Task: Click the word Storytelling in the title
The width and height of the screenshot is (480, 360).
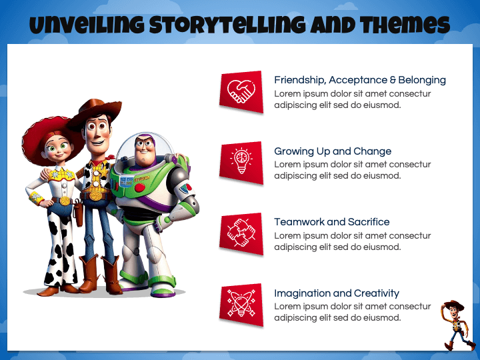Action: click(x=227, y=25)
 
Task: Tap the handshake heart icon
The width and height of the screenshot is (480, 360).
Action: click(x=241, y=91)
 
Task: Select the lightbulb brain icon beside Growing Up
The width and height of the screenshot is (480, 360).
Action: click(x=241, y=161)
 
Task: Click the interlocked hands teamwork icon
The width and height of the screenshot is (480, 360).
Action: click(x=241, y=233)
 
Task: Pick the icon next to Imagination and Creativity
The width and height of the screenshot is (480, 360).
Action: click(x=241, y=303)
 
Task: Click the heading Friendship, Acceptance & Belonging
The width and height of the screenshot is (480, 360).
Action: click(x=360, y=80)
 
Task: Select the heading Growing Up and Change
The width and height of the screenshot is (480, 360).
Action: click(x=333, y=151)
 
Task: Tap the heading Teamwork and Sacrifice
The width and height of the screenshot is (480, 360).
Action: click(x=332, y=221)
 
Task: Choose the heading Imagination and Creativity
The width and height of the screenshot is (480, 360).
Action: click(x=337, y=293)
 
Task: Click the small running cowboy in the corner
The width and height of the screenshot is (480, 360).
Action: click(x=457, y=325)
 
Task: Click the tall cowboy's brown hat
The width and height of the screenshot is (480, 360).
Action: click(x=94, y=113)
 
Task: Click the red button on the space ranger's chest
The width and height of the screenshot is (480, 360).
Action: click(x=139, y=187)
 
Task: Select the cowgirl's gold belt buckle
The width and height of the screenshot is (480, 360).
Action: click(x=65, y=201)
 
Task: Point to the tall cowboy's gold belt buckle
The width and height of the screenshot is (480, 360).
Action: click(x=96, y=195)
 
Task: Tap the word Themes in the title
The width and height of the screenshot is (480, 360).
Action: click(x=405, y=25)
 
